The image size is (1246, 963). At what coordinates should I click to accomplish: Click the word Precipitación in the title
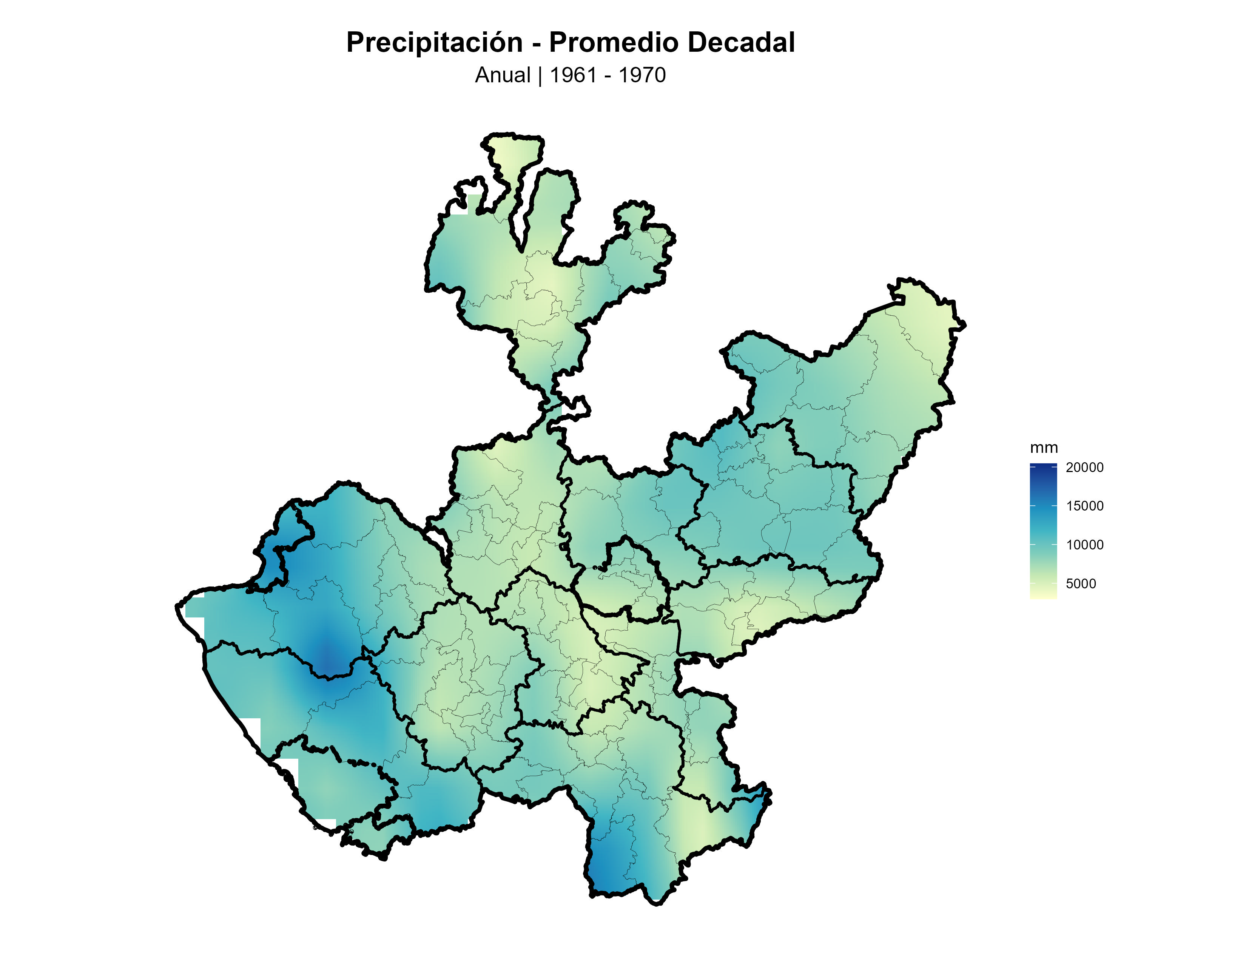click(x=434, y=43)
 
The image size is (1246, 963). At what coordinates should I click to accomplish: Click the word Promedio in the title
click(x=614, y=43)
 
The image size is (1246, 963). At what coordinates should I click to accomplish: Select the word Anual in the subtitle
click(x=502, y=75)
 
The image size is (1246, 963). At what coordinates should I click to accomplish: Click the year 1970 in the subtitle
click(x=642, y=75)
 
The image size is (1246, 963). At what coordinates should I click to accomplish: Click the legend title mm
click(x=1044, y=448)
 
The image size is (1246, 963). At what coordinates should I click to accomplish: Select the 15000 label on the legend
click(x=1084, y=506)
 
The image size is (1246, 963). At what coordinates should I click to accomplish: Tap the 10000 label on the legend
click(x=1084, y=545)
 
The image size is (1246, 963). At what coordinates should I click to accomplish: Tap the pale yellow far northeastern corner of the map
click(x=936, y=319)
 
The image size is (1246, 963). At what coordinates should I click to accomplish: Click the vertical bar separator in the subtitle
click(x=540, y=75)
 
